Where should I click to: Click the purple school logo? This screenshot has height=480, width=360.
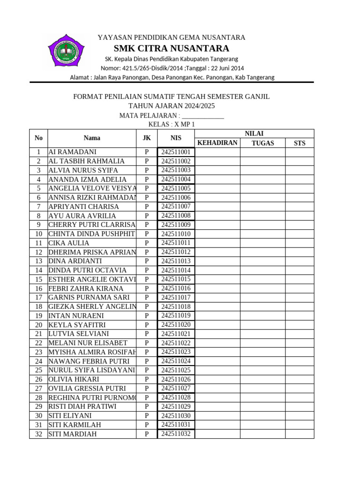[x=66, y=50]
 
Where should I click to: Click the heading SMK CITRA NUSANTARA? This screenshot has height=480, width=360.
[x=171, y=48]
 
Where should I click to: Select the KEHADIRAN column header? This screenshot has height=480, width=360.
[x=217, y=143]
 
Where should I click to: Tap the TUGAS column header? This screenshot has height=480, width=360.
[x=262, y=143]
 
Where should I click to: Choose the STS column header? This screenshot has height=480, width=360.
[x=299, y=143]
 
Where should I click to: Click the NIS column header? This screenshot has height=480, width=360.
[x=176, y=138]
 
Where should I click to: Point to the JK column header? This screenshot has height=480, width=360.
[x=147, y=138]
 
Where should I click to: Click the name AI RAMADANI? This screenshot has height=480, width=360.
[x=73, y=152]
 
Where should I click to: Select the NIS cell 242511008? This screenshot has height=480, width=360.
[x=176, y=216]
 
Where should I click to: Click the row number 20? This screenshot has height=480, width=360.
[x=38, y=325]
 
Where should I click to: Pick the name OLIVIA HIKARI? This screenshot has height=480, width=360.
[x=74, y=379]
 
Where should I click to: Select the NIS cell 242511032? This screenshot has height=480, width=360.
[x=176, y=434]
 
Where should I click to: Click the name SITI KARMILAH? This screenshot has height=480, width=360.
[x=75, y=425]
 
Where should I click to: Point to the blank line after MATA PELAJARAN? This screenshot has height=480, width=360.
[x=202, y=116]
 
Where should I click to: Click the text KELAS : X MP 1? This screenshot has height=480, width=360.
[x=171, y=124]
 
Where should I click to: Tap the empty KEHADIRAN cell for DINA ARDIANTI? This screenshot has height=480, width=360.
[x=217, y=261]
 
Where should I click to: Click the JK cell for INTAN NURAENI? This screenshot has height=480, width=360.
[x=147, y=315]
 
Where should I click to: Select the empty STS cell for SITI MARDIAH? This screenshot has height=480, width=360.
[x=299, y=434]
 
